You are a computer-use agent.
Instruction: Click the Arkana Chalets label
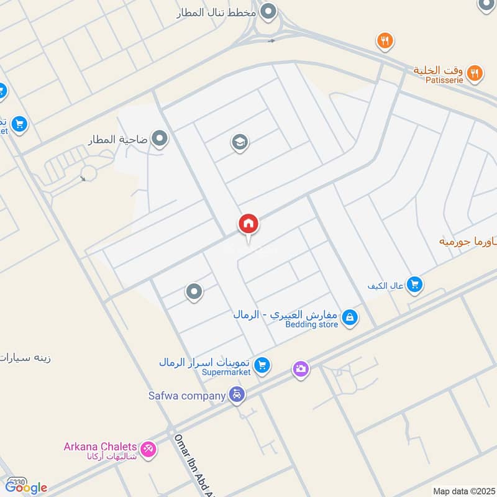[99, 446]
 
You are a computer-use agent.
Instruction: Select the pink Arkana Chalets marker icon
[148, 449]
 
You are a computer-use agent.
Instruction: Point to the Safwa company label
[186, 395]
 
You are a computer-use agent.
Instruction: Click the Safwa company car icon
[237, 394]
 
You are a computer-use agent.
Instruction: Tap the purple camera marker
[301, 369]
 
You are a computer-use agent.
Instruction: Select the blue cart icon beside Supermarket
[262, 365]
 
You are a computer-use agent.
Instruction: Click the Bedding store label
[312, 324]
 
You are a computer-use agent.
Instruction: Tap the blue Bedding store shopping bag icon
[350, 317]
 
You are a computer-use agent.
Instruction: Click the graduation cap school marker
[240, 142]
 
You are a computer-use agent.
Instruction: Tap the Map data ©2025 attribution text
[462, 491]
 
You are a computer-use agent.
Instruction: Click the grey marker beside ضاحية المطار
[160, 139]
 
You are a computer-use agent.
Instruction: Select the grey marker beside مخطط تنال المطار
[268, 11]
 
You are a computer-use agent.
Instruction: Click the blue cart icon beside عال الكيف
[416, 285]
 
